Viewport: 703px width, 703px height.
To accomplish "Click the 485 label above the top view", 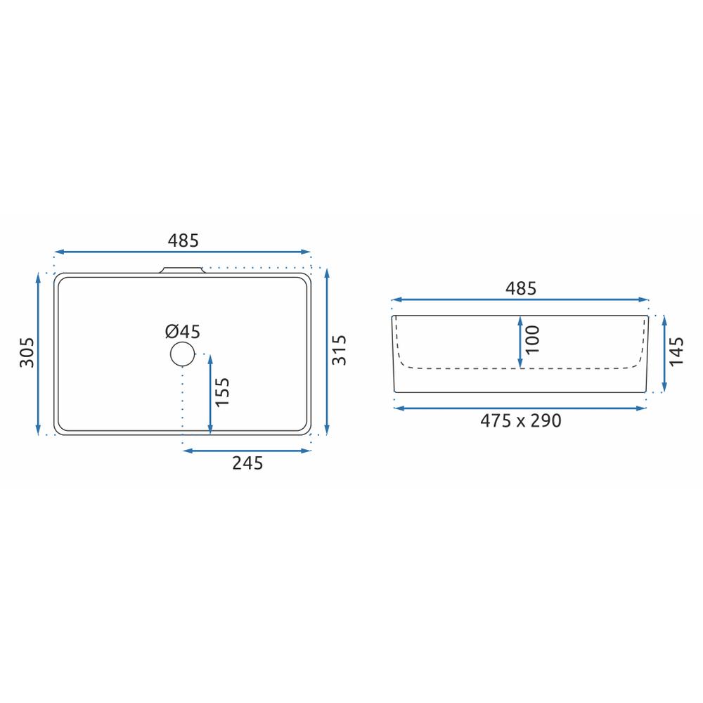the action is coord(183,240).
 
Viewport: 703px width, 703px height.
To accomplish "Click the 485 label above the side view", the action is coord(520,288).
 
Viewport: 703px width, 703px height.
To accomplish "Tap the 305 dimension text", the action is coord(27,352).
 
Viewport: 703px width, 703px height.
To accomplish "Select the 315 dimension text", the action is coord(340,349).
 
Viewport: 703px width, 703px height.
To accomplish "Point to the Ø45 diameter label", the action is coord(183,332).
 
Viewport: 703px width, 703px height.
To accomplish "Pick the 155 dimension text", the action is coord(222,392).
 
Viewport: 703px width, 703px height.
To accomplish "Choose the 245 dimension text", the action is coord(247,463).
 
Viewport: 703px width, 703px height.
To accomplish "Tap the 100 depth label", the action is coord(532,340).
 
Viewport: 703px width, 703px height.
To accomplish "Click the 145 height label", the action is coord(676,351).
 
